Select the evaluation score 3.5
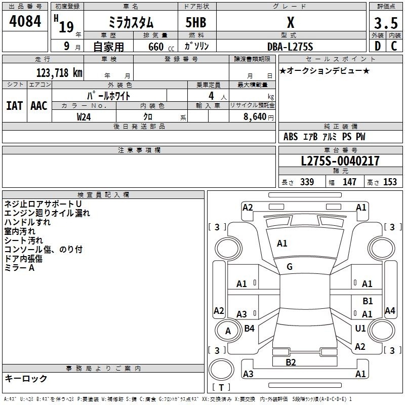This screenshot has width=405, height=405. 386,23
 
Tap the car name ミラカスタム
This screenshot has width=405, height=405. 131,23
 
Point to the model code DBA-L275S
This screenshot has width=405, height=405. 290,47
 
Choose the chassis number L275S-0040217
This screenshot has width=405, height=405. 340,161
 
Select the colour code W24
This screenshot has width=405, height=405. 84,116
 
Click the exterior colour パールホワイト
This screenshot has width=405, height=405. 109,95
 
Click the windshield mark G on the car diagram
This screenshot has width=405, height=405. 290,267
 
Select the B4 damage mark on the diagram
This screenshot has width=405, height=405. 249,329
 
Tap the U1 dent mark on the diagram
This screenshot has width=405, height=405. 360,329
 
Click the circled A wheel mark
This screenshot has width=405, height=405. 228,331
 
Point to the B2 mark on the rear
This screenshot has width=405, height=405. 291,362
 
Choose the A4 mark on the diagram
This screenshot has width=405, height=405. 390,311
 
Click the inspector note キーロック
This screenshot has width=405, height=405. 26,378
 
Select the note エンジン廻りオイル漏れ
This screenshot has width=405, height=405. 47,213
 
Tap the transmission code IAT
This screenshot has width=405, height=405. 15,106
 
